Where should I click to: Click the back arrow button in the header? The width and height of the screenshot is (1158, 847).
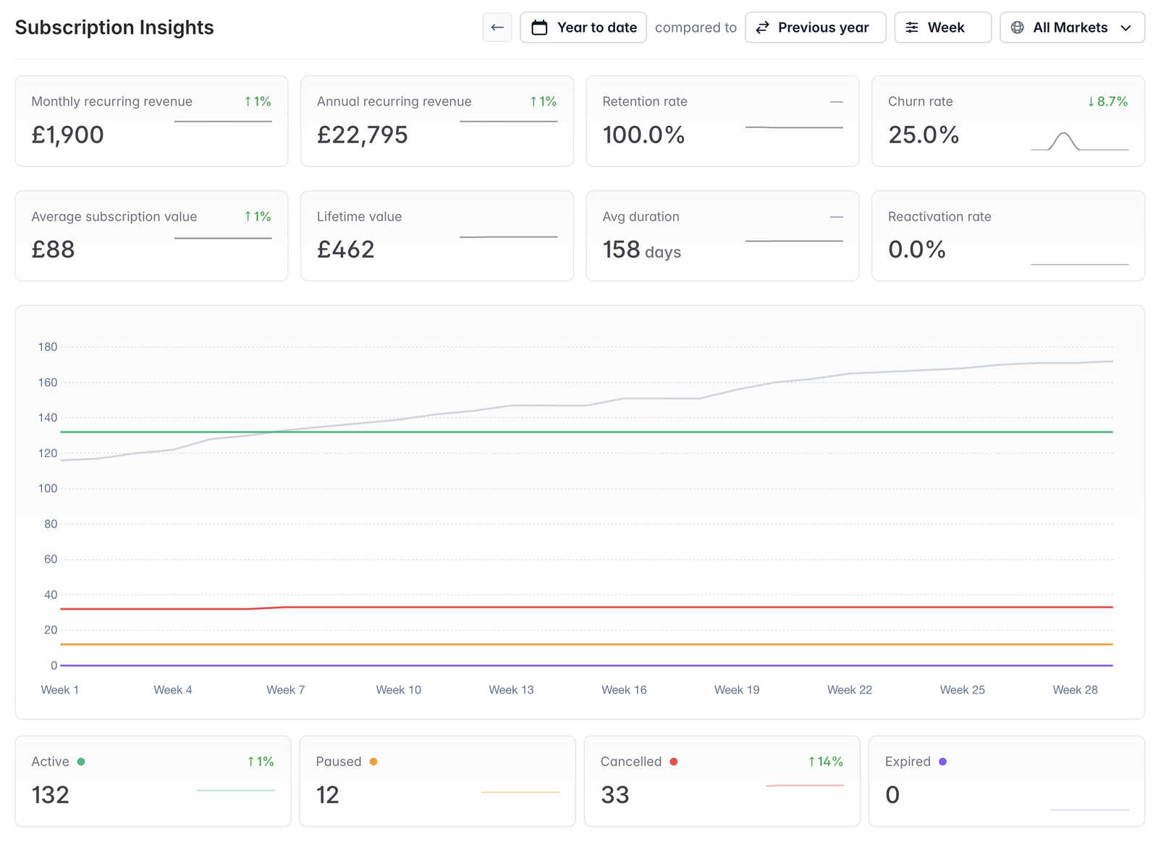497,27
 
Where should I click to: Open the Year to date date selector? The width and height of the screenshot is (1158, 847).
583,27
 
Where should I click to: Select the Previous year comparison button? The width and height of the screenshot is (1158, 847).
815,27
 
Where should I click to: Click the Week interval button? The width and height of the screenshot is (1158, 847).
943,27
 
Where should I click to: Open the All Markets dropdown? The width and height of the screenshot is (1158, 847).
1072,27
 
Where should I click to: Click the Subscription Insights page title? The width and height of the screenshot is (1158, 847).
114,27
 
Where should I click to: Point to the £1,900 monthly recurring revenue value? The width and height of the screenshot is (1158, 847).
68,135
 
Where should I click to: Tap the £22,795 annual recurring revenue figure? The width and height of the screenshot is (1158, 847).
363,135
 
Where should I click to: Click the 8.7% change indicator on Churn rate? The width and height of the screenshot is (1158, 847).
1107,101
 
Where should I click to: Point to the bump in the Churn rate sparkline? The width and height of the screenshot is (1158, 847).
1063,135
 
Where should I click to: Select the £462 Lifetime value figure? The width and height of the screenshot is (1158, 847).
345,250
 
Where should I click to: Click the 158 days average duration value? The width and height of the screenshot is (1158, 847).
641,250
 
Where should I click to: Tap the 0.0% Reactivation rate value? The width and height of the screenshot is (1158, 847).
917,250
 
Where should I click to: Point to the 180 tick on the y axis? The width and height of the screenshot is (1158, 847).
48,347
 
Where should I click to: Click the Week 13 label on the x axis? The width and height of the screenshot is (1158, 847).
511,690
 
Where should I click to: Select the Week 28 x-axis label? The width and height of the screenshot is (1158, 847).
1075,690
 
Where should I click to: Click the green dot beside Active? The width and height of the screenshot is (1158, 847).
81,762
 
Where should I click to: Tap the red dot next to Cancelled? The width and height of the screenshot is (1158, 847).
674,762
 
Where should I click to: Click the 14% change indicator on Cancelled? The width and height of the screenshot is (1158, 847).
826,762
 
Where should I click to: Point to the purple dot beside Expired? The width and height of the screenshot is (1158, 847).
943,762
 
